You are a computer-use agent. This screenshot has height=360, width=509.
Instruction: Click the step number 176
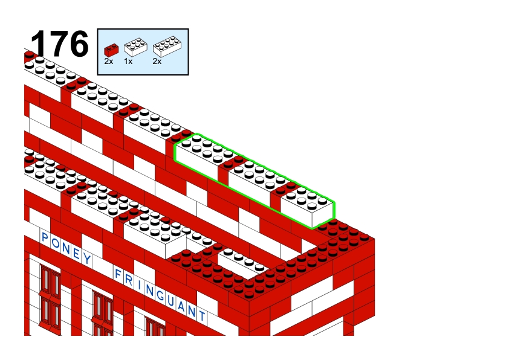click(59, 43)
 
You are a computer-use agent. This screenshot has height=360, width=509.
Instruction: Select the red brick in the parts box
click(111, 50)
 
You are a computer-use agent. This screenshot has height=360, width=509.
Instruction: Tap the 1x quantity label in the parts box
click(128, 61)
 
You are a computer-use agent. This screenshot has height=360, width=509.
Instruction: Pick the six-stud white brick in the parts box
click(135, 47)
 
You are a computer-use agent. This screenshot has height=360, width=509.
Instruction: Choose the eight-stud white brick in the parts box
click(167, 47)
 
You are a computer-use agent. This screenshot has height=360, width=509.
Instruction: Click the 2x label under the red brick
click(109, 61)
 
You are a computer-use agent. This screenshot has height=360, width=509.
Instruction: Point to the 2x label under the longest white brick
click(157, 61)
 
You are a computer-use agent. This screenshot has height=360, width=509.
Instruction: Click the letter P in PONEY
click(45, 237)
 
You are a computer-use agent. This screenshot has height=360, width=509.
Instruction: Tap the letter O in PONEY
click(56, 243)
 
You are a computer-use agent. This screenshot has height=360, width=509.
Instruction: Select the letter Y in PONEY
click(86, 259)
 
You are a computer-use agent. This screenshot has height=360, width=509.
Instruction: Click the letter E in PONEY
click(77, 253)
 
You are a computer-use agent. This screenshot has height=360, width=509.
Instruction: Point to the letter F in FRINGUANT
click(117, 274)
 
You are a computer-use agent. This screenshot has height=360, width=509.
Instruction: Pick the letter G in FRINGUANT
click(160, 295)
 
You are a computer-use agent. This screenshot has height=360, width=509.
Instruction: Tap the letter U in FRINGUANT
click(171, 301)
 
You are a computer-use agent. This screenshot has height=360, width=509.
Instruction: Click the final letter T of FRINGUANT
click(202, 315)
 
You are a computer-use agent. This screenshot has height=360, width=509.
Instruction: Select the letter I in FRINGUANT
click(139, 285)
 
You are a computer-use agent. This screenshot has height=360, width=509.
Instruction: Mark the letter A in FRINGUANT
click(181, 306)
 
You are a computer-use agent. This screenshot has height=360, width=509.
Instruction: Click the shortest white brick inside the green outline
click(306, 206)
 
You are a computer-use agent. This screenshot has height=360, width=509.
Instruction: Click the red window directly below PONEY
click(50, 297)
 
